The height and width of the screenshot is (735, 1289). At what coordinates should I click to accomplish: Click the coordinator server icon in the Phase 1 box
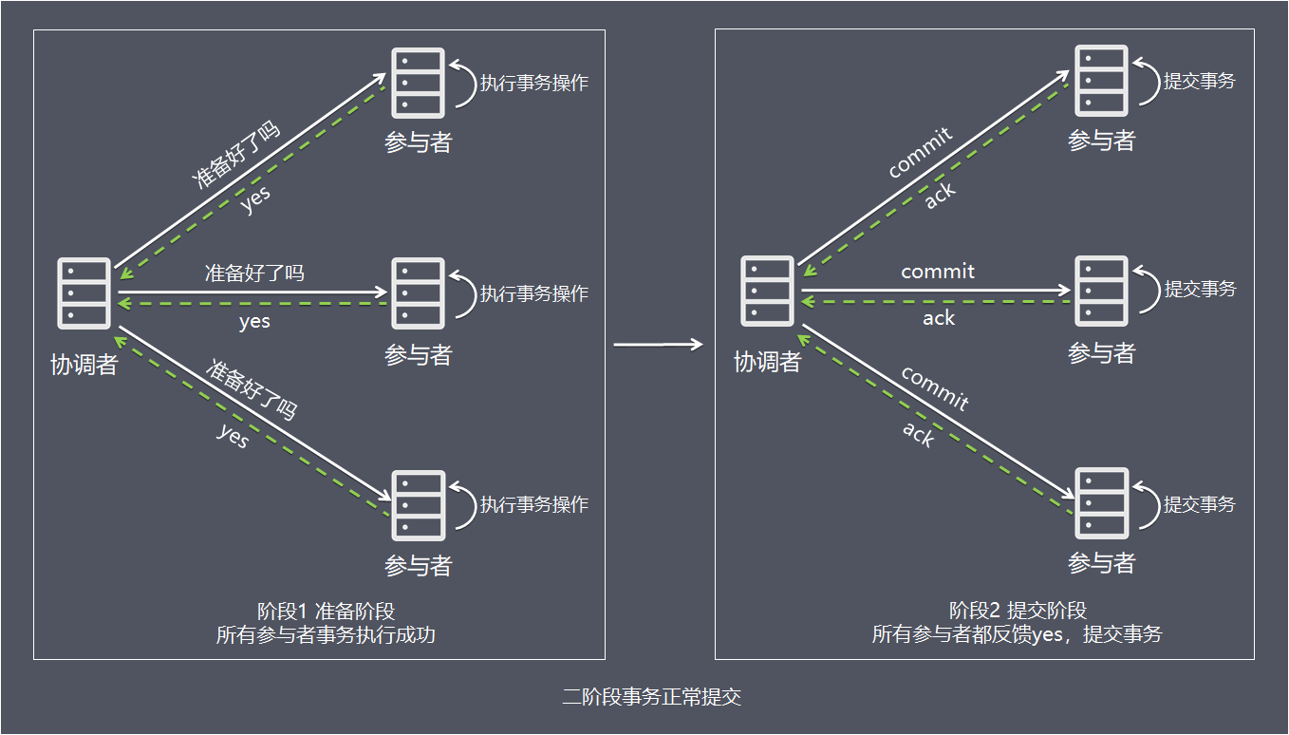84,292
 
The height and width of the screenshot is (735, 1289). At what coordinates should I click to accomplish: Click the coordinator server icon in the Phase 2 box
767,291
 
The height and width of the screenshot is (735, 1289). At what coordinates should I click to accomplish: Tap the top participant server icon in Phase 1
418,82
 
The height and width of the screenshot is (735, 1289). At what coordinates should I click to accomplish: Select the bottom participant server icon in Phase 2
1101,502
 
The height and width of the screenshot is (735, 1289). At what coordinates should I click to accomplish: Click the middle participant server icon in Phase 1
418,293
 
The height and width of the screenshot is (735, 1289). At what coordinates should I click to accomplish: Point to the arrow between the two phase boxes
658,345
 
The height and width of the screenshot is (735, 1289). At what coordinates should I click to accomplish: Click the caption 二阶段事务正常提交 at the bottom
651,697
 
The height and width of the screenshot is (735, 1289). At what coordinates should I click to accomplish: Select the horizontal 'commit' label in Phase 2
938,272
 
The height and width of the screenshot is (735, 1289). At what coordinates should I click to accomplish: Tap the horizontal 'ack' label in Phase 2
938,318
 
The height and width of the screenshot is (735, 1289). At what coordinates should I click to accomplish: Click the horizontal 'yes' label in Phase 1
254,321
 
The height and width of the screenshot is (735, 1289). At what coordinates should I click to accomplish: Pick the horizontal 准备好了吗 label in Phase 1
254,273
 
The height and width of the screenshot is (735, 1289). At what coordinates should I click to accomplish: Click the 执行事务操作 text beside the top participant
533,83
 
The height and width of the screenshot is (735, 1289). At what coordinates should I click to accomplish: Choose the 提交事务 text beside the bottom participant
1200,504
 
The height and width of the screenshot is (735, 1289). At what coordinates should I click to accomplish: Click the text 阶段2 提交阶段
1018,611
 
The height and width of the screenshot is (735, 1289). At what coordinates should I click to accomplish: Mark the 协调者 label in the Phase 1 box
84,365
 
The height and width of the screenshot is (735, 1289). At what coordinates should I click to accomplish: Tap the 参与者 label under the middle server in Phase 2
1101,353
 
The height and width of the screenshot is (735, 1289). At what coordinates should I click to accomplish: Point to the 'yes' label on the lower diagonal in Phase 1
233,437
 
